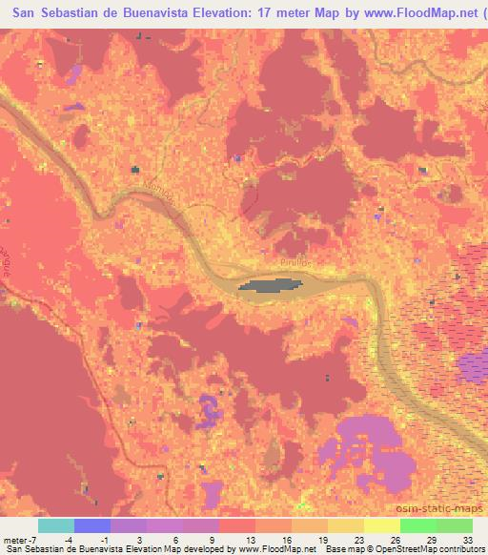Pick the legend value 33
click(467, 540)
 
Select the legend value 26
click(395, 540)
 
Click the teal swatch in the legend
click(55, 525)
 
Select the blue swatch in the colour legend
click(91, 525)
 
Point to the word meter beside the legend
click(14, 540)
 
